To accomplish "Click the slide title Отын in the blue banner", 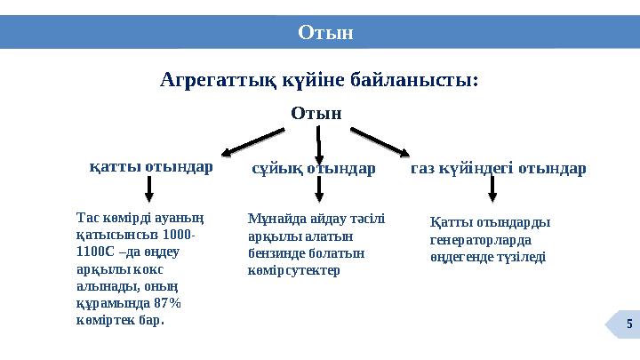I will tap(325, 33).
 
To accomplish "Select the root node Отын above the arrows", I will tap(316, 113).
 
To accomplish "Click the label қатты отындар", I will tap(151, 166).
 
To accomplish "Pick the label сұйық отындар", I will tap(313, 168).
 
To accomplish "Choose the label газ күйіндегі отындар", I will tap(498, 168).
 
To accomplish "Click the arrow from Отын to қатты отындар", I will tap(252, 143).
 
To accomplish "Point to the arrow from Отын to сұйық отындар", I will tap(319, 144).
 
